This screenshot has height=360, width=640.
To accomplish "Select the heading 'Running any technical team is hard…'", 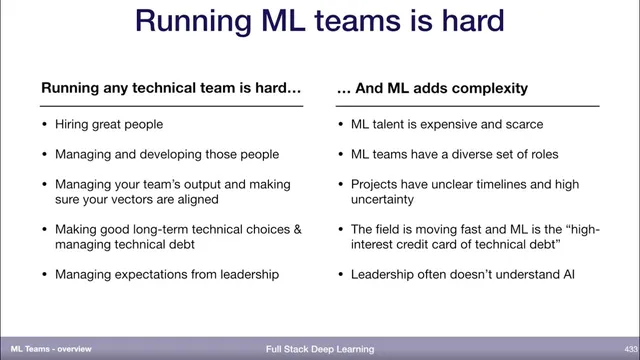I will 171,88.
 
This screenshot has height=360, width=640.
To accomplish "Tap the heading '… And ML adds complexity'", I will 433,88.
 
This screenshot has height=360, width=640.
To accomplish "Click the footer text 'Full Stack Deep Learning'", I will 320,349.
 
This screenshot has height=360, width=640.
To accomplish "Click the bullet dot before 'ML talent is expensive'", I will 341,125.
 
